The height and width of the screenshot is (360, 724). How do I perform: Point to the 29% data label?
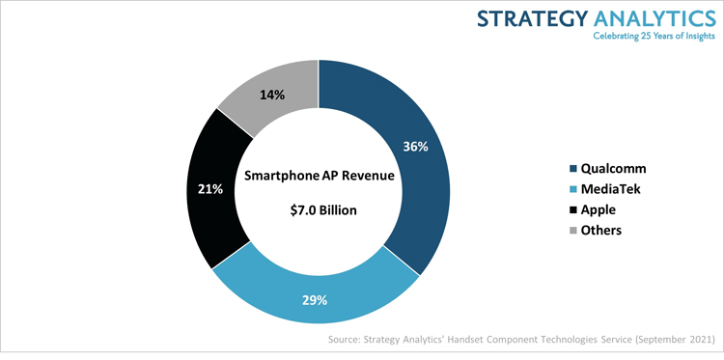[313, 301]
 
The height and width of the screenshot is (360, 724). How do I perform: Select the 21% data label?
[210, 189]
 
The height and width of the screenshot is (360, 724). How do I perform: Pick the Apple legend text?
[601, 209]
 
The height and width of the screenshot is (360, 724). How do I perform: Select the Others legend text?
[602, 230]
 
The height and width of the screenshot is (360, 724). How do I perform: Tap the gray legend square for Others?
[574, 231]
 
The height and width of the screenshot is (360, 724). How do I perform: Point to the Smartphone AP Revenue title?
[319, 176]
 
